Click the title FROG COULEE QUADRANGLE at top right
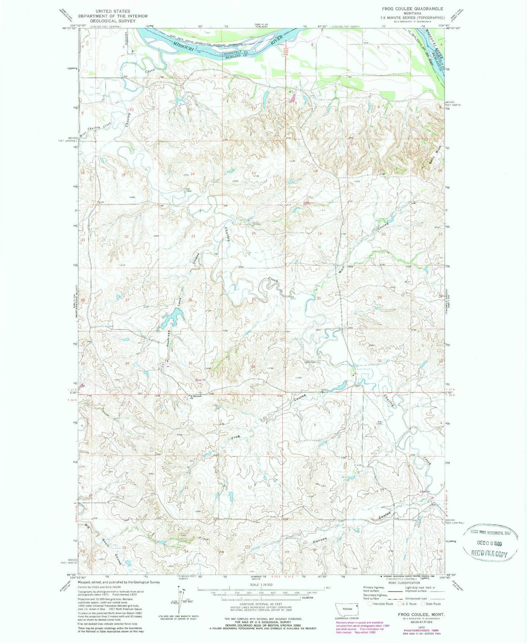(x=412, y=8)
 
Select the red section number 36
(x=253, y=366)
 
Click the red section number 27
(x=127, y=300)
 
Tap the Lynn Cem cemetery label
(x=310, y=362)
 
